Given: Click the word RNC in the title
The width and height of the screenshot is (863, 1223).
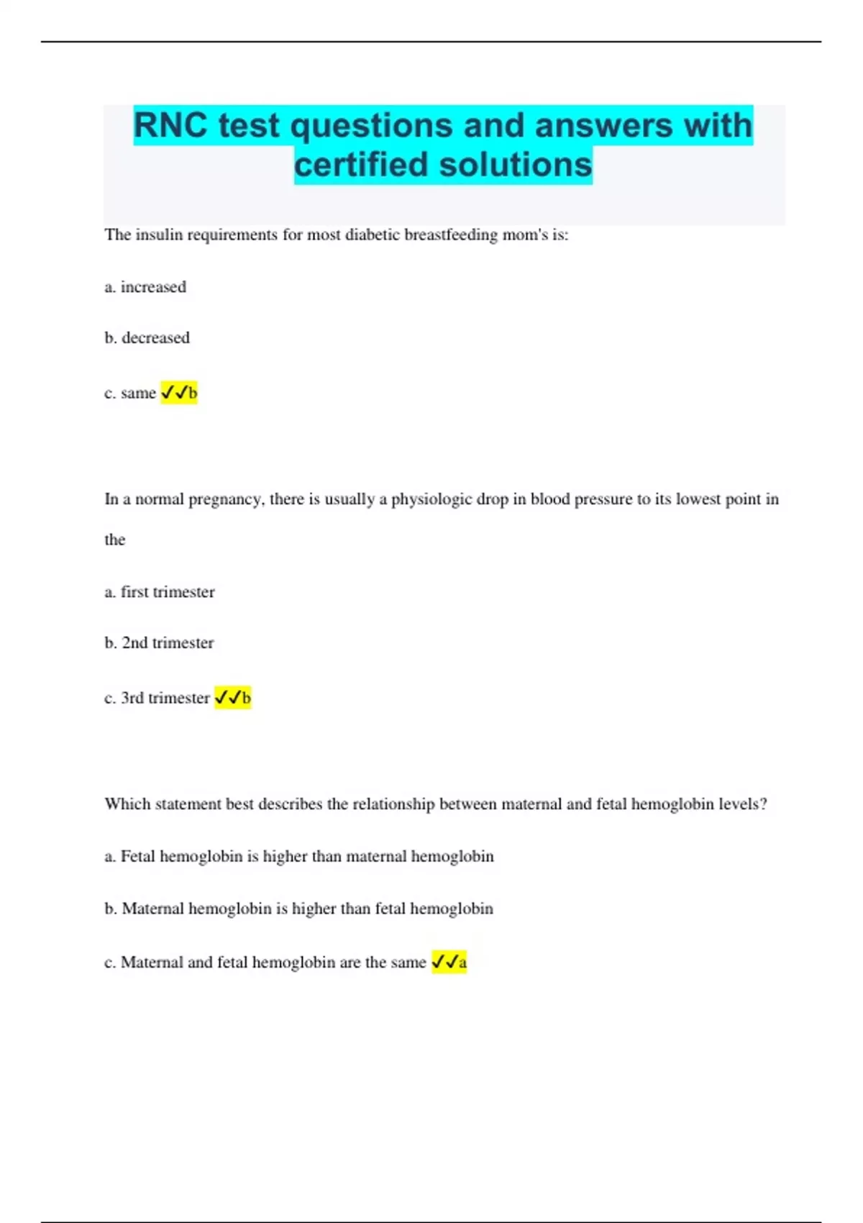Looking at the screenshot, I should click(x=171, y=126).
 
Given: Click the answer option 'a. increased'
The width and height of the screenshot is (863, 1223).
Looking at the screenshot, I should click(x=145, y=287).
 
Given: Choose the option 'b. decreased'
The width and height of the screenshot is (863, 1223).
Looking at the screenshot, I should click(x=147, y=338).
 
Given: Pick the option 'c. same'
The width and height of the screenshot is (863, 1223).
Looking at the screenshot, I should click(x=130, y=393).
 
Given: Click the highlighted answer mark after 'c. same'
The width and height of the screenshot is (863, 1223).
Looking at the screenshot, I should click(x=179, y=393).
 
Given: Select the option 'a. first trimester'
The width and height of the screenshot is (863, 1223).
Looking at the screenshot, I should click(x=160, y=592).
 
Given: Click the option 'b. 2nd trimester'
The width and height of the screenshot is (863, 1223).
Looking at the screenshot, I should click(x=159, y=643).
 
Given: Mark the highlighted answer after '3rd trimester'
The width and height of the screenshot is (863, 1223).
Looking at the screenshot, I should click(x=233, y=698).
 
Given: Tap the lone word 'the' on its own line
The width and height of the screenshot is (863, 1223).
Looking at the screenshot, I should click(x=115, y=540).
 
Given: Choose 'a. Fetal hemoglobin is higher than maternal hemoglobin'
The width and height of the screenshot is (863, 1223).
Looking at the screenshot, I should click(x=299, y=857).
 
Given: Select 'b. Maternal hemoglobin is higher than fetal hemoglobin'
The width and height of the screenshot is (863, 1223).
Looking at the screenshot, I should click(x=299, y=909).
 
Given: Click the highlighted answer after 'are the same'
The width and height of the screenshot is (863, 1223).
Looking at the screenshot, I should click(x=449, y=963).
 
